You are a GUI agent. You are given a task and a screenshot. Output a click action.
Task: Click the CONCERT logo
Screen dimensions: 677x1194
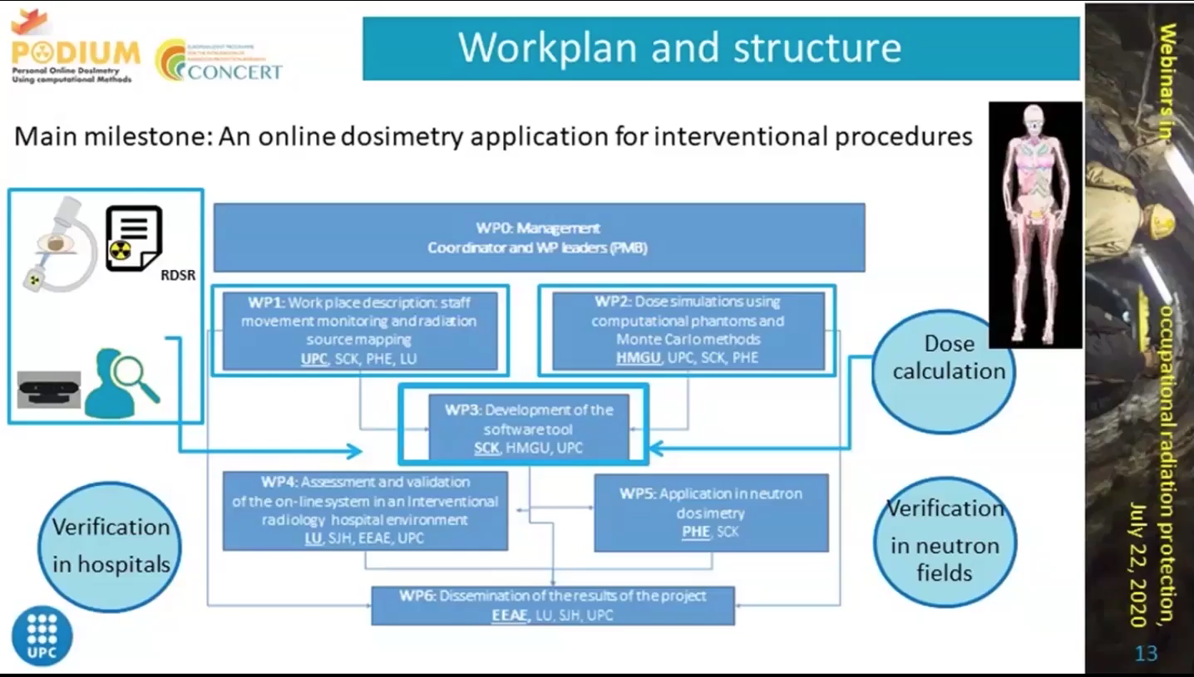[x=219, y=61]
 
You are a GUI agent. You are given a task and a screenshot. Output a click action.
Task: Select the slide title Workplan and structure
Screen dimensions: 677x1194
[x=679, y=47]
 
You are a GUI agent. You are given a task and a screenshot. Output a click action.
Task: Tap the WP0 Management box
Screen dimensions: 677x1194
[x=538, y=238]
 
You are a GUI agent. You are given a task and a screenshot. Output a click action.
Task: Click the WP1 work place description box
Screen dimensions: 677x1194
[x=359, y=330]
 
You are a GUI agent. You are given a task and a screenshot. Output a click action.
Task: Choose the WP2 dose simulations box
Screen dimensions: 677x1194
[x=687, y=330]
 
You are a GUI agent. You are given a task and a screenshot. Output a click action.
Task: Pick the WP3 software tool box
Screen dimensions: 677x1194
[x=528, y=428]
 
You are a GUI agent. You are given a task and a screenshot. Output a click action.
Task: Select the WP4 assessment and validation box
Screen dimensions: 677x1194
[x=365, y=510]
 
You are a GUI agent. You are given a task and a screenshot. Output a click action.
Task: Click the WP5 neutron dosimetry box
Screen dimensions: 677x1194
[x=711, y=512]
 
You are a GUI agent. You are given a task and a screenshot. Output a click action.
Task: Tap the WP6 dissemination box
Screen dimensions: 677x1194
[x=552, y=606]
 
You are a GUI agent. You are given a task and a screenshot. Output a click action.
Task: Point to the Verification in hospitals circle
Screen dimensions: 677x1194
[x=110, y=546]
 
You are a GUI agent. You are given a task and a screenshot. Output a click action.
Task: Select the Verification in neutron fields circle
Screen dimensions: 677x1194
[x=945, y=540]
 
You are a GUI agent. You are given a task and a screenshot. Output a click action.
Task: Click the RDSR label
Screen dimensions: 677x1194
[x=178, y=275]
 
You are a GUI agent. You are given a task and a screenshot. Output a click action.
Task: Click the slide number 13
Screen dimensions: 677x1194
[x=1146, y=653]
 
